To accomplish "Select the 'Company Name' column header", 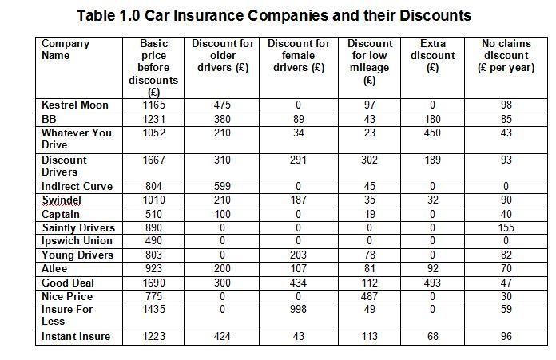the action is (66, 49).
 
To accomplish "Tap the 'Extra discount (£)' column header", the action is (433, 55).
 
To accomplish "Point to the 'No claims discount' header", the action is (506, 55).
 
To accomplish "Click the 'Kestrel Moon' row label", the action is (75, 105).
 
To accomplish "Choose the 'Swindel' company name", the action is (62, 200).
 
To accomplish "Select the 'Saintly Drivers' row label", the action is (78, 227).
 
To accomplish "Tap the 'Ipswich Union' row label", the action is (77, 240).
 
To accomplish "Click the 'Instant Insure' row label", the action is (76, 336).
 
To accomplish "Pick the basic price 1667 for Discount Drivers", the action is (153, 160).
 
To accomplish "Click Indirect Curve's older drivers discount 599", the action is (222, 186).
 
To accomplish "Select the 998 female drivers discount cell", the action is (298, 310).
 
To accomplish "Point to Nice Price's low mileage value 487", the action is (369, 296).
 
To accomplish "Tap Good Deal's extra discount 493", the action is (432, 283).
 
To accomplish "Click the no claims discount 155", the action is (506, 227).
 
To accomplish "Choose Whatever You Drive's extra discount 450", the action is (432, 133).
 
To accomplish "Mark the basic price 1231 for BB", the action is (153, 119).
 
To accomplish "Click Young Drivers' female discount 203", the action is (298, 255).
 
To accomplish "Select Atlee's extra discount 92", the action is (433, 268).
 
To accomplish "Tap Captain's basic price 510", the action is (153, 215).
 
